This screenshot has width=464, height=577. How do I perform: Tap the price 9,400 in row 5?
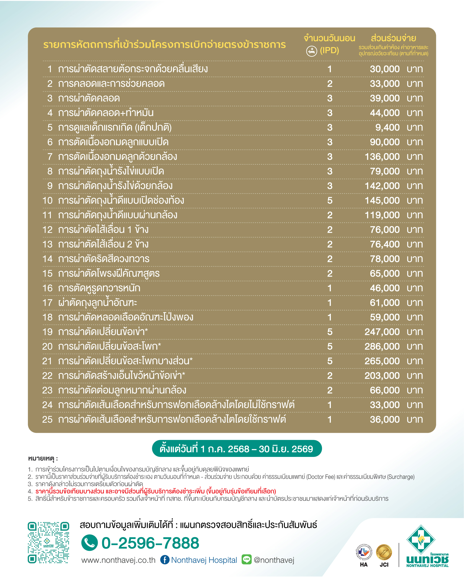coord(387,128)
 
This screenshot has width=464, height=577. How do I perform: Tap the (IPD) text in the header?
coord(329,50)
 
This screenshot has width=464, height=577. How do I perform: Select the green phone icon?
coord(90,543)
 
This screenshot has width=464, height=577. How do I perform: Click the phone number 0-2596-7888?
coord(150,543)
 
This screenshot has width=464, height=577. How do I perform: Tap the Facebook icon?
coord(165,560)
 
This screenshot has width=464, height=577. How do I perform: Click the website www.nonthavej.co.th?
coord(118,560)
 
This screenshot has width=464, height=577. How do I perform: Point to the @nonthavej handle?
coord(274,560)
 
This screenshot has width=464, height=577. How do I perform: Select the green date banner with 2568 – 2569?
coord(237,449)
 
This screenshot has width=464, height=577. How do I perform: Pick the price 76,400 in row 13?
coord(384,244)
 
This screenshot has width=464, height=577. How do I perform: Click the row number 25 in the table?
coord(47,419)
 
